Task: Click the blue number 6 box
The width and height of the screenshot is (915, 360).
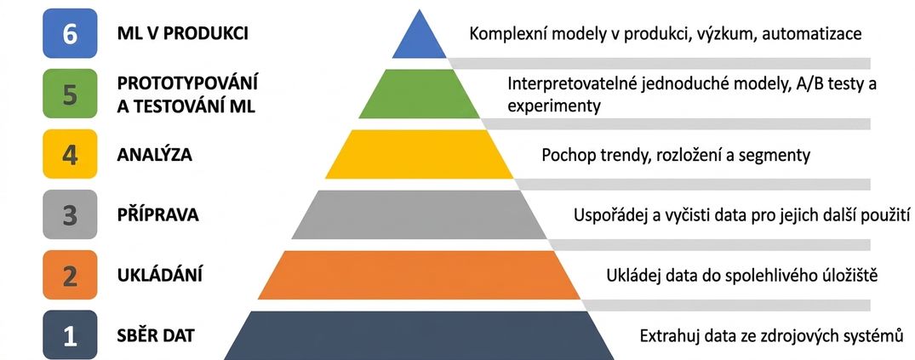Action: [x=70, y=34]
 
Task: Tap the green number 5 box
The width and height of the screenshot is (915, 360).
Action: [x=70, y=94]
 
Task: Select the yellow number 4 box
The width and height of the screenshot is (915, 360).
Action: [x=70, y=154]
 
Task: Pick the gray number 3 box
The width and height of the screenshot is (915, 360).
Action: [x=70, y=214]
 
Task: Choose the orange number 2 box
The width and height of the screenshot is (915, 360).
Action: [x=70, y=274]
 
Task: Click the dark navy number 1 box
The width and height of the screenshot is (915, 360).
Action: [x=70, y=335]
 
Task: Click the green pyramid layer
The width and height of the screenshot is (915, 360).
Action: [x=419, y=94]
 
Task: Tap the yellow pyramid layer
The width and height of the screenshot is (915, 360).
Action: [x=419, y=154]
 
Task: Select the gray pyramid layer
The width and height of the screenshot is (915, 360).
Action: [x=419, y=214]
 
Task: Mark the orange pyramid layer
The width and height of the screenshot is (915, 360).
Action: [x=419, y=274]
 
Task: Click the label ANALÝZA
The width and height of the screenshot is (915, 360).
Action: [x=155, y=155]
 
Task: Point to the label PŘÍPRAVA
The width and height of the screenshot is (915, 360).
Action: [x=158, y=214]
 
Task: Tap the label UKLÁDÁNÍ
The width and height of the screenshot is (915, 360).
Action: [x=160, y=274]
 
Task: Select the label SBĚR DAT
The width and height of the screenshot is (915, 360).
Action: [x=156, y=335]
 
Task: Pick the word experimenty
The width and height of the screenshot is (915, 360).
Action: [x=554, y=106]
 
